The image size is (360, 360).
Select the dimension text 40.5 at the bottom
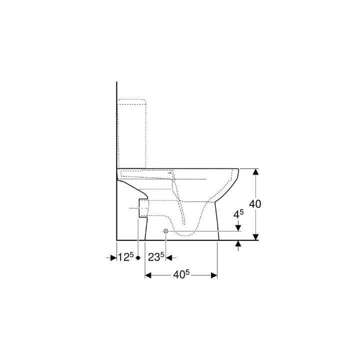(181, 275)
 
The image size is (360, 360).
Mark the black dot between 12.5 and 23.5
(137, 257)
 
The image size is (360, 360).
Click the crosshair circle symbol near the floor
(165, 231)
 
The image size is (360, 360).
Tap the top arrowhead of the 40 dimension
(255, 172)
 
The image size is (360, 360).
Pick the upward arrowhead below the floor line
(238, 244)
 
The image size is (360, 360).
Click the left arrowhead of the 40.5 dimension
(148, 275)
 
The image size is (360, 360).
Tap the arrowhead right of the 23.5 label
(169, 257)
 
